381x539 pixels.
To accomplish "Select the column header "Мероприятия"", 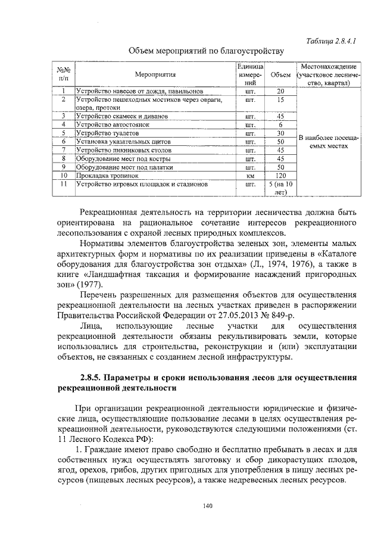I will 155,76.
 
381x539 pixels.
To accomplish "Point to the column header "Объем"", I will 280,76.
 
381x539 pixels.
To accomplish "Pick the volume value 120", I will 280,176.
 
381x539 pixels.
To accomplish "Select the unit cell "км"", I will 250,176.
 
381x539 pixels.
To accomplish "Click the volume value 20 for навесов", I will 280,92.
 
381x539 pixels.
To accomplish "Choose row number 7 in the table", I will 63,151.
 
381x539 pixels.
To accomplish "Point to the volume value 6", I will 280,125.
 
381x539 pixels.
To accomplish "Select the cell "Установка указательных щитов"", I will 118,142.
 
